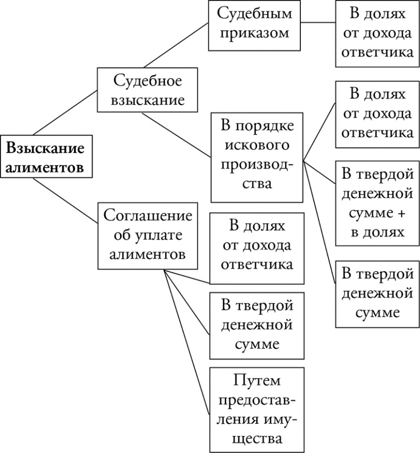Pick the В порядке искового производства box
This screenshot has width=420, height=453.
pos(256,157)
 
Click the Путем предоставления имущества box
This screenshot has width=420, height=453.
pos(257,409)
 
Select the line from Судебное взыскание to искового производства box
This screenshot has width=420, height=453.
pos(177,134)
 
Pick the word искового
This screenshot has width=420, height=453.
pos(257,144)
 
